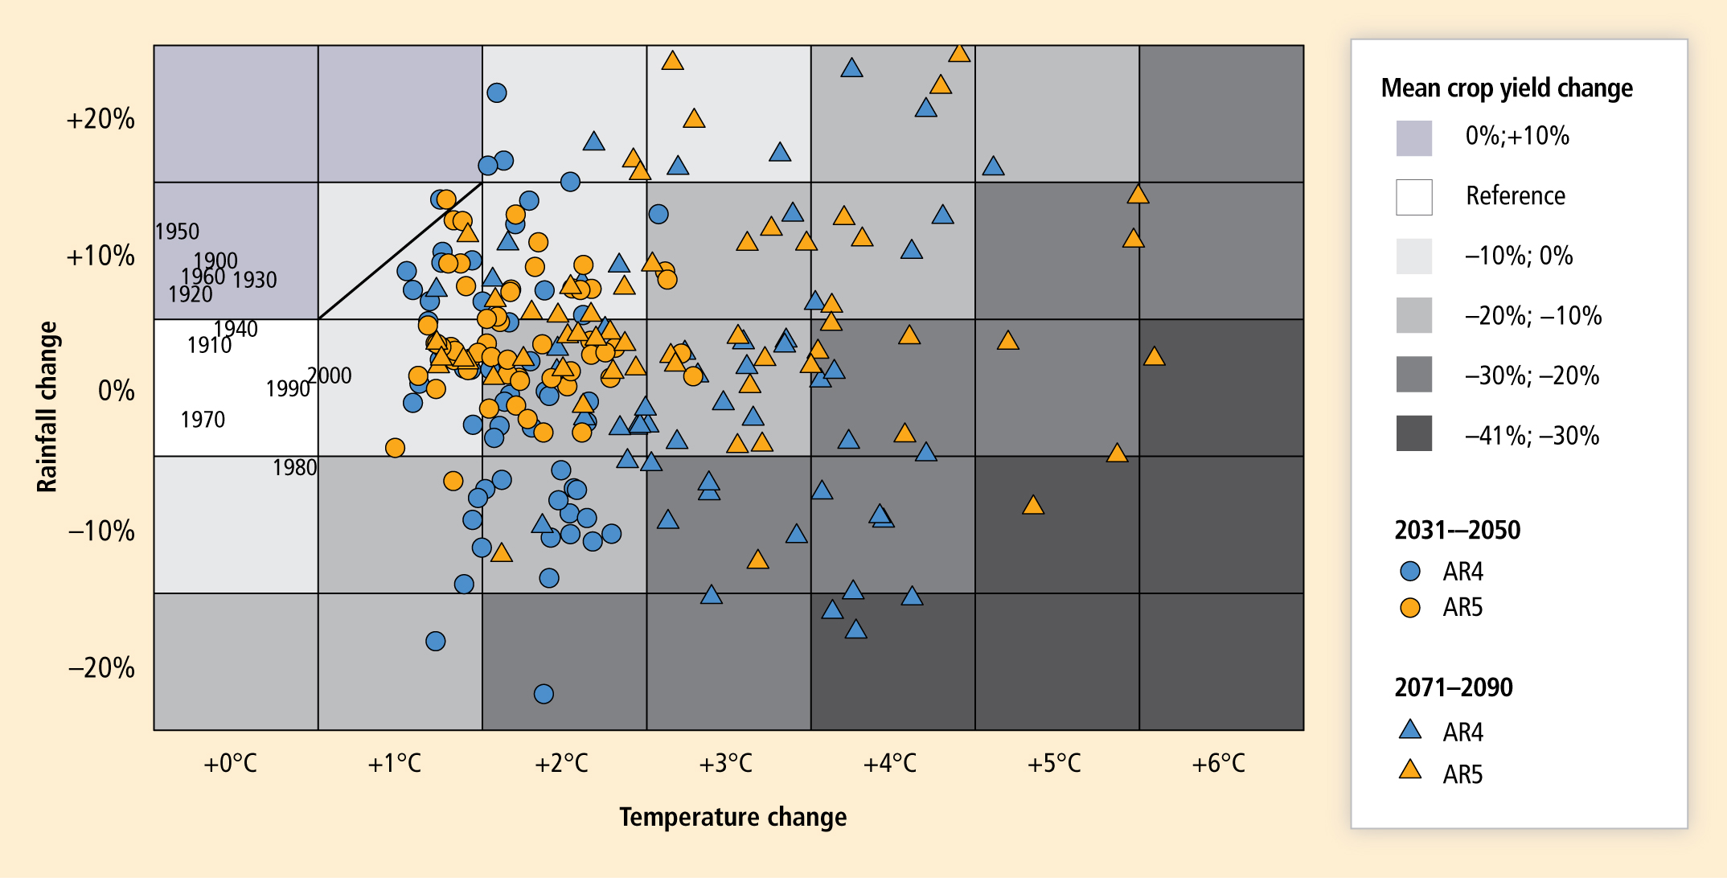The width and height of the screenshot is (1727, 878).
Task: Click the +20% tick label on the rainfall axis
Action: [x=101, y=119]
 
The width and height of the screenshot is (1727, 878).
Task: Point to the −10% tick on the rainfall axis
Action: [x=101, y=531]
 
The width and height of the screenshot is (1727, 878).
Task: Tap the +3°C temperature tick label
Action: [x=725, y=763]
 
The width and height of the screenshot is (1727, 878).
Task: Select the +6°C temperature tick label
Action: [x=1218, y=763]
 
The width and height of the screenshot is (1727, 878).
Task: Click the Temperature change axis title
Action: [x=732, y=817]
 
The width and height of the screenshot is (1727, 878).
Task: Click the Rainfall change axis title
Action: [x=47, y=406]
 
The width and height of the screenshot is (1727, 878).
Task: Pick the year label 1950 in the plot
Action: [x=177, y=232]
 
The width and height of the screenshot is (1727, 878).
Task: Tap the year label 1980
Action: [x=294, y=468]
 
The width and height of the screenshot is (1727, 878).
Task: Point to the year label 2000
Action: [x=330, y=375]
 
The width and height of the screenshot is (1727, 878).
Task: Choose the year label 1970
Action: [x=203, y=420]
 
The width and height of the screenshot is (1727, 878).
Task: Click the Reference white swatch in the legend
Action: [x=1413, y=197]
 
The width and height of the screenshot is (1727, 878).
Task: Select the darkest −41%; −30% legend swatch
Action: [x=1413, y=433]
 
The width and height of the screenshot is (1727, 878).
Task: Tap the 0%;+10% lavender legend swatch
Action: [x=1413, y=137]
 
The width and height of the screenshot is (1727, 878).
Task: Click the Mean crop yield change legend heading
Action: [x=1506, y=88]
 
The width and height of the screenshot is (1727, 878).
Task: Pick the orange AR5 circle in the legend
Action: [x=1409, y=608]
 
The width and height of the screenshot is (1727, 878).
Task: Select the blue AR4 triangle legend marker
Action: [x=1409, y=730]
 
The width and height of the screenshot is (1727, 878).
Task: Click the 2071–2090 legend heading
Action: [x=1453, y=687]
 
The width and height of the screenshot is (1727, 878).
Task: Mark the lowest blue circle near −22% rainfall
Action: [x=544, y=693]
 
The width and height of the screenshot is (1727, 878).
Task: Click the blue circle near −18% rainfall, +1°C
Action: [x=435, y=641]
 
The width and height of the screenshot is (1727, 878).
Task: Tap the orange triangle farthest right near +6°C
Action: [x=1154, y=356]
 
